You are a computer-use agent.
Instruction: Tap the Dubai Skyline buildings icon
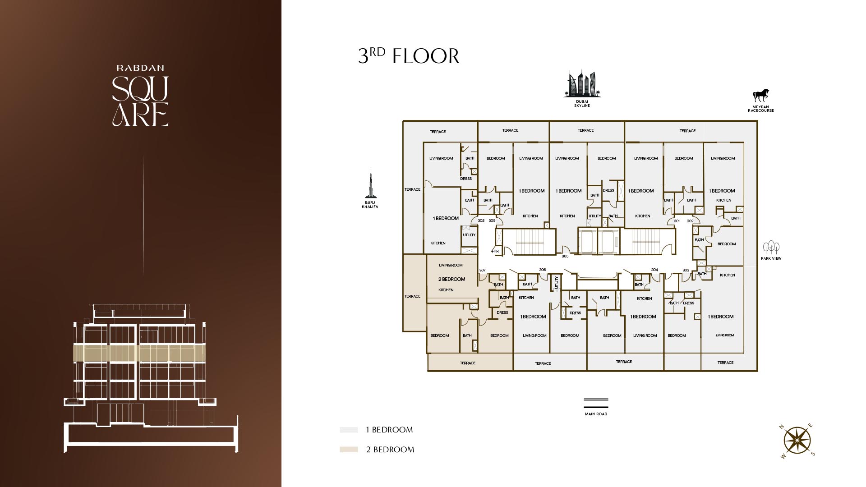582,83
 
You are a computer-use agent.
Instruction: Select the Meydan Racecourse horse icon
760,96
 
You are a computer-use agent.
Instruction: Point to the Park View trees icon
771,248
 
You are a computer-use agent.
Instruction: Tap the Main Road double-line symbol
596,403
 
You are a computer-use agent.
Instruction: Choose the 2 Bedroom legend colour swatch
349,450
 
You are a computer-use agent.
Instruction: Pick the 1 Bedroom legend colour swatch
349,430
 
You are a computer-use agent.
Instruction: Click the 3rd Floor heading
409,56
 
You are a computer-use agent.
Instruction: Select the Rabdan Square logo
140,95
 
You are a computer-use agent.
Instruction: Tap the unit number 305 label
565,256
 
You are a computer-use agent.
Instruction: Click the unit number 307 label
483,270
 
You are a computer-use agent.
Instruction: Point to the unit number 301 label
677,221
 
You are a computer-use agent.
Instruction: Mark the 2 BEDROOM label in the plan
451,279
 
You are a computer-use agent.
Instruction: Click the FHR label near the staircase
495,251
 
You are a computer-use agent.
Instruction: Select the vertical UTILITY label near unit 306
557,283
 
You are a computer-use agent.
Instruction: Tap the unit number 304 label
654,270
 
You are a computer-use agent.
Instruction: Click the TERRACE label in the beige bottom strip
468,363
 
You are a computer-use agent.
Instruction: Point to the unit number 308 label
481,221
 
